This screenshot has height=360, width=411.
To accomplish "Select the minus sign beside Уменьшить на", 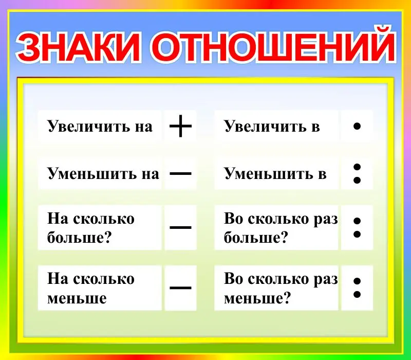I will click(180, 173).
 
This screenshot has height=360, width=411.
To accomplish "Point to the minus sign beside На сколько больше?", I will click(180, 227).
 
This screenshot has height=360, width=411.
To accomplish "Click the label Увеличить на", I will click(100, 127).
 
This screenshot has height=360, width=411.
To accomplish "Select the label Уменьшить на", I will click(103, 174).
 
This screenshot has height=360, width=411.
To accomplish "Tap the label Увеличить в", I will click(272, 127).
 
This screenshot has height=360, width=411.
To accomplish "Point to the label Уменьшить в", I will click(275, 174).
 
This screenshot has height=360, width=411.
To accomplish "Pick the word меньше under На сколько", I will click(77, 298).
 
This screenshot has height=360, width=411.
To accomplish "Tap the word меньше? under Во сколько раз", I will click(257, 298).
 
